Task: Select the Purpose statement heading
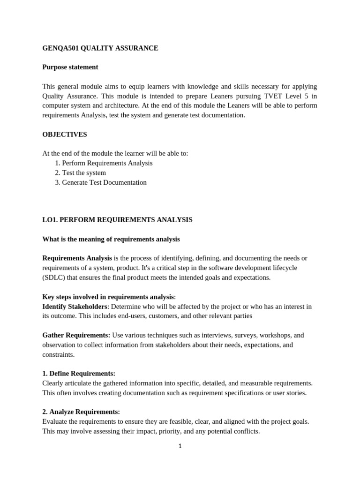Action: click(70, 67)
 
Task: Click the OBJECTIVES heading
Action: click(64, 135)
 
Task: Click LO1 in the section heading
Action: click(50, 220)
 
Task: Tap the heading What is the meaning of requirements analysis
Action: click(111, 239)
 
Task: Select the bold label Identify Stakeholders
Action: click(75, 307)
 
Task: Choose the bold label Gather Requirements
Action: click(76, 335)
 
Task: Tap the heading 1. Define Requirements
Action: click(78, 374)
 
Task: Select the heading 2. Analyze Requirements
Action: click(81, 412)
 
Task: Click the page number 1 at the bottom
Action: click(180, 446)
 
